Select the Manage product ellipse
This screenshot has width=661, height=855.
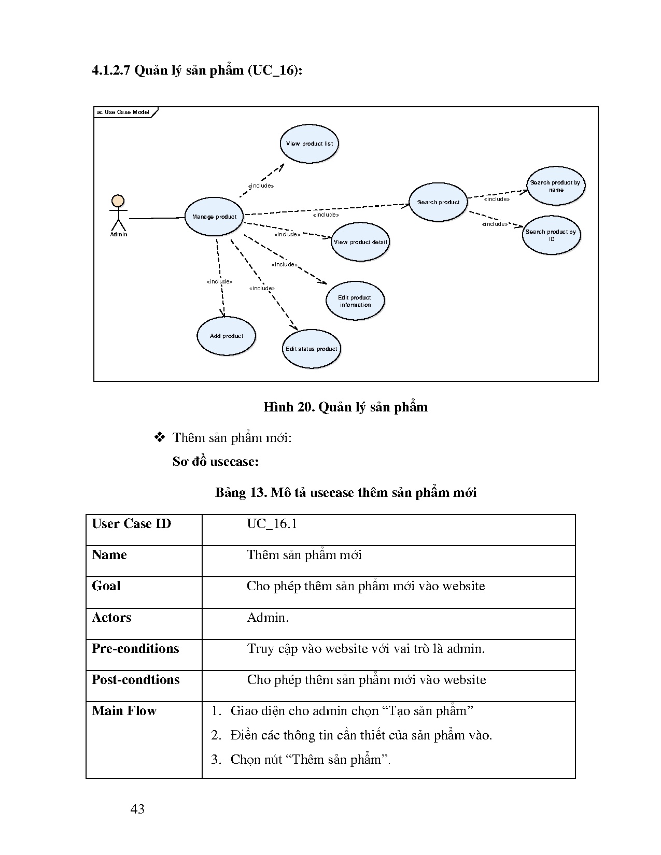pyautogui.click(x=214, y=217)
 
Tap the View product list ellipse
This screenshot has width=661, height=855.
pyautogui.click(x=310, y=144)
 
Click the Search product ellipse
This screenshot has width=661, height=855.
pyautogui.click(x=438, y=202)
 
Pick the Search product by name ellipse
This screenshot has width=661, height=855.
pyautogui.click(x=556, y=186)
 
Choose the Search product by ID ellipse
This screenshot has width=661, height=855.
pyautogui.click(x=551, y=235)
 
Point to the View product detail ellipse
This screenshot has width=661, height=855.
pyautogui.click(x=360, y=242)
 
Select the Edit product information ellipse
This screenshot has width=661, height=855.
pyautogui.click(x=355, y=301)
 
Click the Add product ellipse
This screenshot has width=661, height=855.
pyautogui.click(x=227, y=336)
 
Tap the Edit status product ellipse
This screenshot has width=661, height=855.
pyautogui.click(x=311, y=349)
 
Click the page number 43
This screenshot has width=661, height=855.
pyautogui.click(x=137, y=809)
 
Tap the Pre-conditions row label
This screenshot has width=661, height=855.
pyautogui.click(x=135, y=649)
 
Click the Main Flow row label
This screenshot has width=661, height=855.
pyautogui.click(x=124, y=711)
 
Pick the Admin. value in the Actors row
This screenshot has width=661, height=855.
pyautogui.click(x=268, y=618)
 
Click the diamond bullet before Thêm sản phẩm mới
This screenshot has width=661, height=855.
pyautogui.click(x=160, y=437)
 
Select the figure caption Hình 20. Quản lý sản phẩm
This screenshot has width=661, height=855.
pyautogui.click(x=345, y=407)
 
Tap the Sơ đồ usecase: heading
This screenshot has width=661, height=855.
pyautogui.click(x=216, y=461)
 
